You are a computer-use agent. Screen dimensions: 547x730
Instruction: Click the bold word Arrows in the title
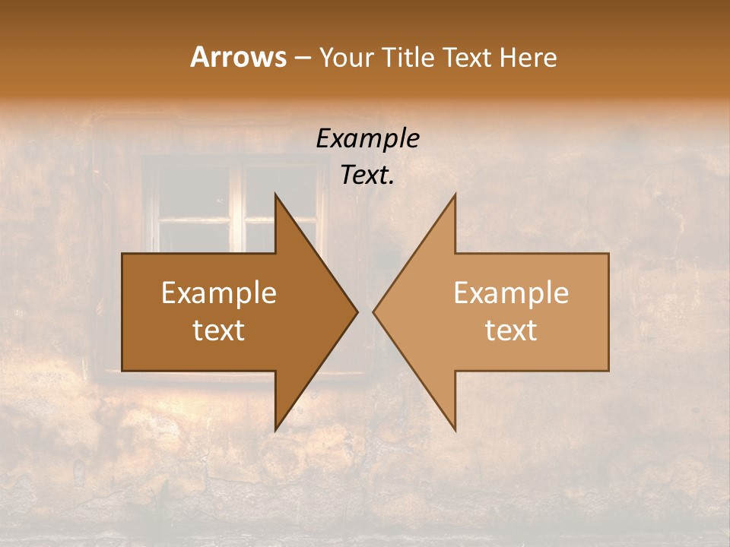pyautogui.click(x=238, y=57)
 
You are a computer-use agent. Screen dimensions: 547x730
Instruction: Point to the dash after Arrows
pyautogui.click(x=302, y=58)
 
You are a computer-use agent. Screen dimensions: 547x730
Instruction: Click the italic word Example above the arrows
pyautogui.click(x=367, y=138)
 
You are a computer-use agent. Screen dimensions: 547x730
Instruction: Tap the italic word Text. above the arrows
pyautogui.click(x=367, y=175)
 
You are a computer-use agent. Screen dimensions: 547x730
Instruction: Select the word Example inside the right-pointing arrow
pyautogui.click(x=219, y=293)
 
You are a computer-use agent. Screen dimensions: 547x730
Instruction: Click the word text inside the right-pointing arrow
pyautogui.click(x=219, y=330)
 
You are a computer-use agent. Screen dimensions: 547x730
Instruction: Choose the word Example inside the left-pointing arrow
pyautogui.click(x=511, y=293)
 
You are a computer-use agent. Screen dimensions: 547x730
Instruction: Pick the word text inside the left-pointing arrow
pyautogui.click(x=511, y=330)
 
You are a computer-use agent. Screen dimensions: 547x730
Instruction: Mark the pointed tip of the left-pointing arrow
pyautogui.click(x=374, y=312)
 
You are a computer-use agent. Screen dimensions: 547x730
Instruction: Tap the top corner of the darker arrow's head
pyautogui.click(x=276, y=194)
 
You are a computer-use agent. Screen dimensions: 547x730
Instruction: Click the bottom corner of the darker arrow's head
pyautogui.click(x=276, y=430)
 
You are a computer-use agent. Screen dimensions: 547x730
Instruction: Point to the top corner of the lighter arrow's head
pyautogui.click(x=455, y=194)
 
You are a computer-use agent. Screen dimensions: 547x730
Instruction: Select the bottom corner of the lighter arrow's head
pyautogui.click(x=455, y=430)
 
